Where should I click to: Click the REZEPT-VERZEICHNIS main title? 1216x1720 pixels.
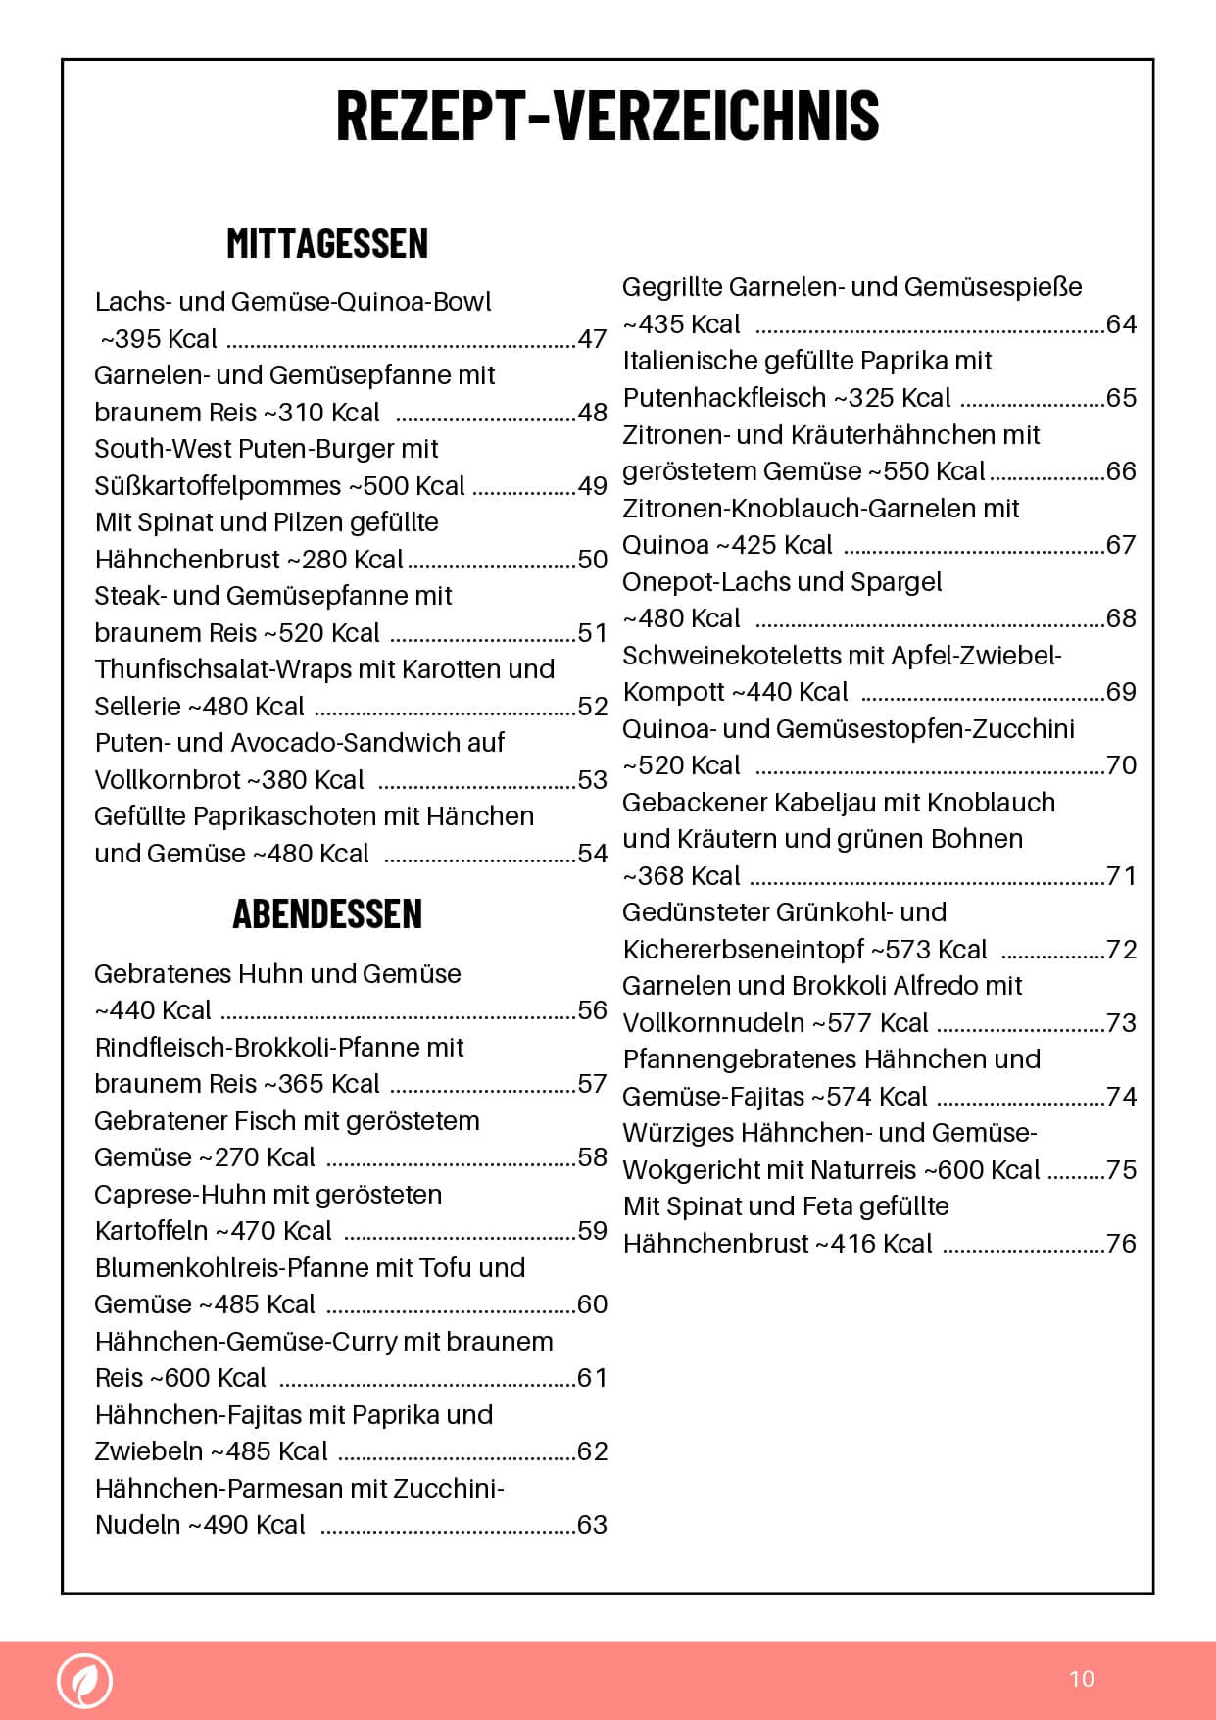coord(608,116)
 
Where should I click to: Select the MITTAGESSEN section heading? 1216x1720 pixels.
coord(327,243)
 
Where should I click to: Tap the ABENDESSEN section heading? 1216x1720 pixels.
coord(327,913)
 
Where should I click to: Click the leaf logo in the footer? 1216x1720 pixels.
coord(85,1680)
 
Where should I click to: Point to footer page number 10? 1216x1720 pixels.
coord(1082,1679)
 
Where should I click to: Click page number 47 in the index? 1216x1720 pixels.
coord(592,339)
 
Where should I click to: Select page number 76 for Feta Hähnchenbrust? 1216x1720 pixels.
coord(1121,1244)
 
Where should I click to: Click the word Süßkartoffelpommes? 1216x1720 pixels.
coord(218,486)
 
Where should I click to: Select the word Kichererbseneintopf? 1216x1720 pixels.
coord(744,950)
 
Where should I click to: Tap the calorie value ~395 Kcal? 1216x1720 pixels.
coord(160,339)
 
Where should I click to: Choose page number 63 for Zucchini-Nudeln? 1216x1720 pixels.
coord(592,1525)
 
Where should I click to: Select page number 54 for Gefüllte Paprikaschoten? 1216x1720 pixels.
coord(592,854)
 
